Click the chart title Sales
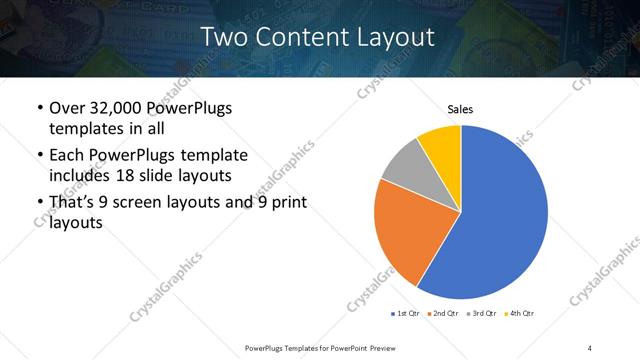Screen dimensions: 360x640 coord(460,109)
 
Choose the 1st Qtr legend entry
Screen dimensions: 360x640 coord(407,313)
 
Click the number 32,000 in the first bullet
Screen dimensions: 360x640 coord(125,108)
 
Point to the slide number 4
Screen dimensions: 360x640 coord(590,347)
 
